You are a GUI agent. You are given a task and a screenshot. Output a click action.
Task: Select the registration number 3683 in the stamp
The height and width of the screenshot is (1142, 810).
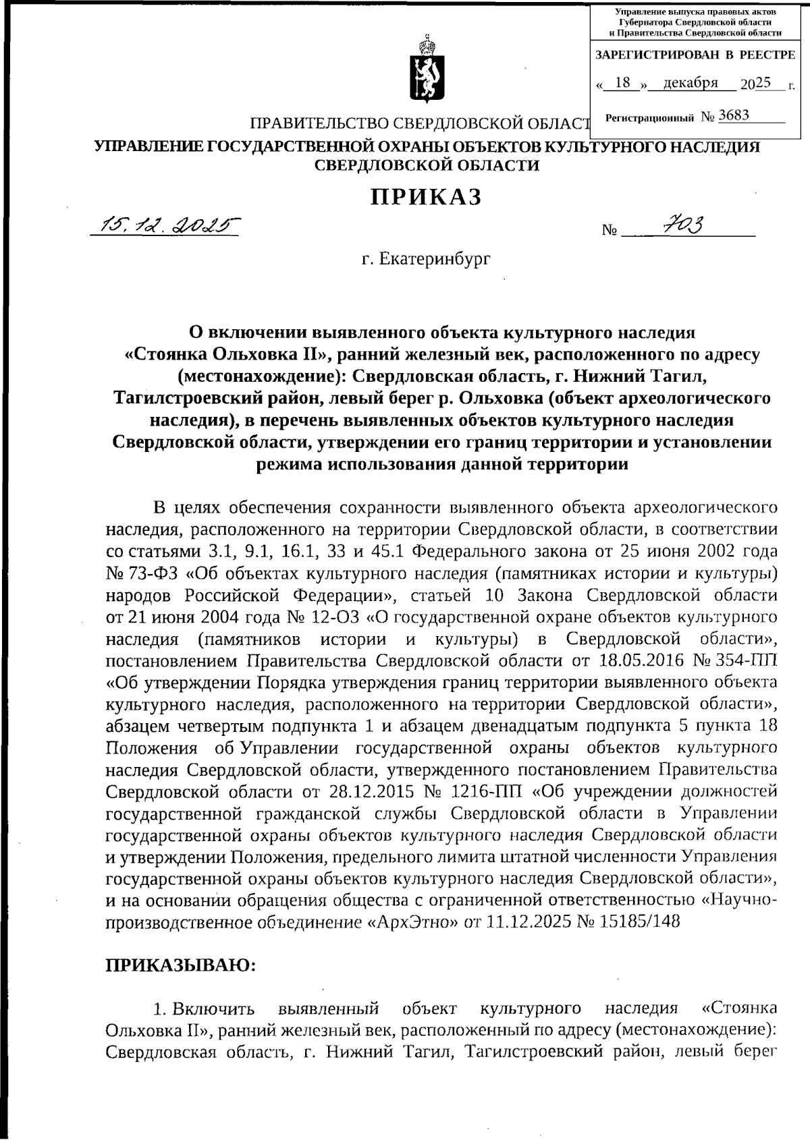734,115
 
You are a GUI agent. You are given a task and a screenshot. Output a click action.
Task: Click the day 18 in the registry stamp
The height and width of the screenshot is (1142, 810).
622,83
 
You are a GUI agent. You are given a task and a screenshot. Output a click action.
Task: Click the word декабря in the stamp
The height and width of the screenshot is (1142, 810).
690,83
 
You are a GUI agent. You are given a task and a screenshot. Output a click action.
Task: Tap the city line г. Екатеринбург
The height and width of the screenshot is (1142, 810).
425,259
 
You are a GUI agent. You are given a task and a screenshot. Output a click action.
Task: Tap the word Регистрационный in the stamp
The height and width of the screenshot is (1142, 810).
649,117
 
